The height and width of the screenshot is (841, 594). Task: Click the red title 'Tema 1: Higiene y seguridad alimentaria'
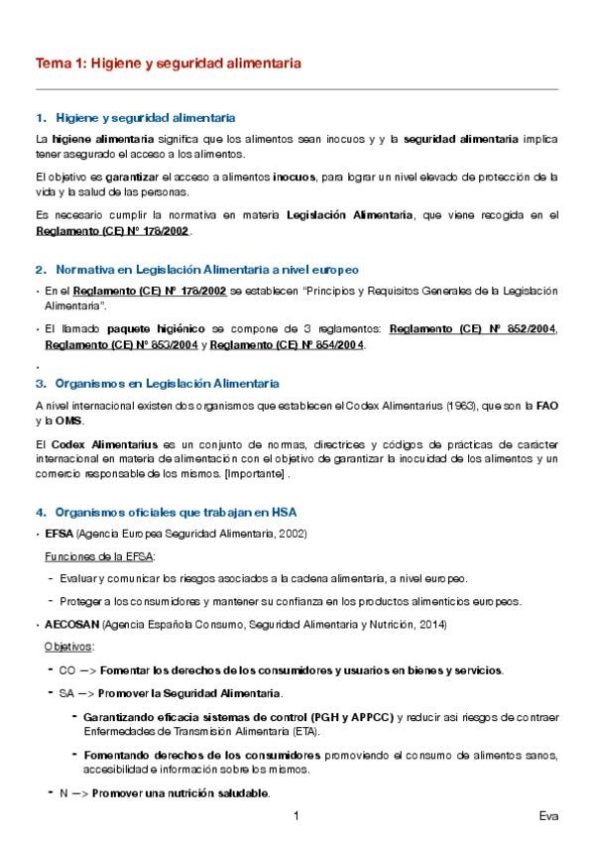(168, 62)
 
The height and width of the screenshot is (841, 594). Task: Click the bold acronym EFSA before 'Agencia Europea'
(59, 534)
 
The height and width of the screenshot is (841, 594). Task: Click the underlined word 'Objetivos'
(69, 647)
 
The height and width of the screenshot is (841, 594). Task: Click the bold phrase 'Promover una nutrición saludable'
(180, 793)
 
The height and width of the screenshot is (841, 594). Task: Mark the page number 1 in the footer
(297, 817)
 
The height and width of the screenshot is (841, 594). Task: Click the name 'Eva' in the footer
(547, 817)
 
